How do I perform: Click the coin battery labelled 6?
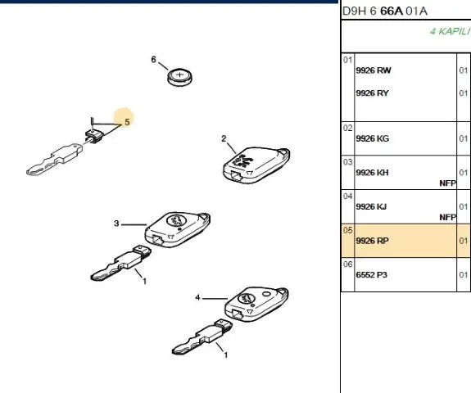[179, 78]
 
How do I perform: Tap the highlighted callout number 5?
[127, 122]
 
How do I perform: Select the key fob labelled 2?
[256, 165]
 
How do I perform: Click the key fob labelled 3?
[178, 229]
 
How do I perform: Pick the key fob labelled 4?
[256, 304]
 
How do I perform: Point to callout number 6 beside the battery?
[153, 60]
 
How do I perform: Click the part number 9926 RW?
[374, 70]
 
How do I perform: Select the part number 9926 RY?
[372, 93]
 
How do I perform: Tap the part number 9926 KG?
[372, 138]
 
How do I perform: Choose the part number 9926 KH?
[372, 173]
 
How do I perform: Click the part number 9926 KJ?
[371, 206]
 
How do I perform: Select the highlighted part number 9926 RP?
[372, 241]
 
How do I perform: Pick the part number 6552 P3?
[372, 275]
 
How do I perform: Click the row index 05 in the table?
[347, 230]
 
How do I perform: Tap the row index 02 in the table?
[347, 129]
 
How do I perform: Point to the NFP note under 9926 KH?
[447, 183]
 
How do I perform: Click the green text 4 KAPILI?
[450, 31]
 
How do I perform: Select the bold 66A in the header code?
[391, 11]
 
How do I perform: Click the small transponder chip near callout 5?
[94, 137]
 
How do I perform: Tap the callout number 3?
[116, 224]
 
